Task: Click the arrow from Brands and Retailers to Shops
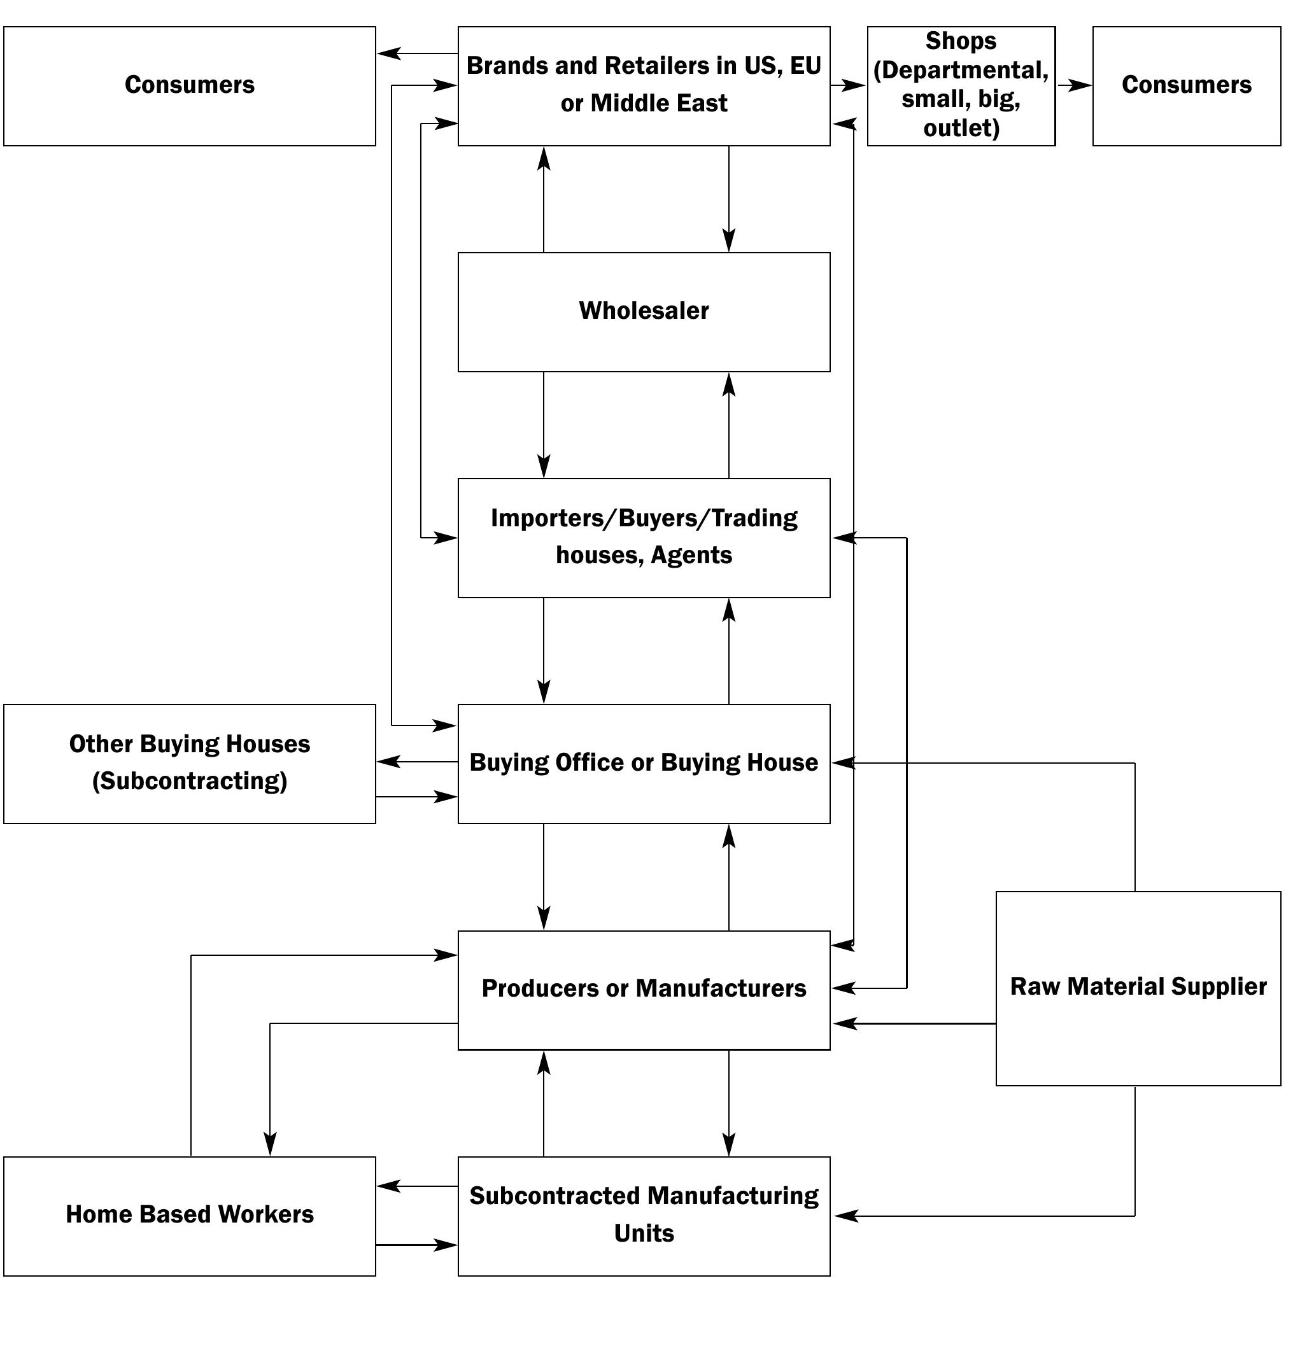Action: coord(848,86)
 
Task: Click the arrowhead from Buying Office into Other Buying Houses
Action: coord(388,762)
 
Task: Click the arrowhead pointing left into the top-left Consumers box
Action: coord(389,53)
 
